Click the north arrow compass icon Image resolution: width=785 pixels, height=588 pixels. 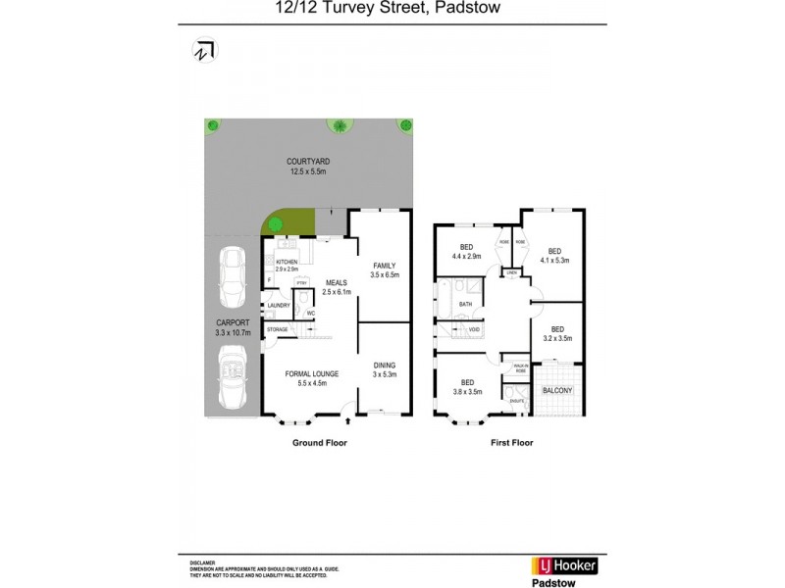[205, 50]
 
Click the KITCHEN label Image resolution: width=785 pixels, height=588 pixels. [286, 263]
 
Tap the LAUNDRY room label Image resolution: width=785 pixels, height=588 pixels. [278, 306]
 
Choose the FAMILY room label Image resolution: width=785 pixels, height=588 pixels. [382, 266]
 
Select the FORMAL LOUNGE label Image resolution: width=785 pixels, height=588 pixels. [311, 374]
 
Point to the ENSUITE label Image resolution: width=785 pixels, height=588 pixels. [516, 400]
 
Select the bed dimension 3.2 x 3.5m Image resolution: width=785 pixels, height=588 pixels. [557, 338]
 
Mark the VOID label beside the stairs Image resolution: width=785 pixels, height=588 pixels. [473, 329]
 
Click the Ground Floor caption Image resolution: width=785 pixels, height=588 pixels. [320, 443]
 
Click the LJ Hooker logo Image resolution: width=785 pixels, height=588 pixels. [563, 565]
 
